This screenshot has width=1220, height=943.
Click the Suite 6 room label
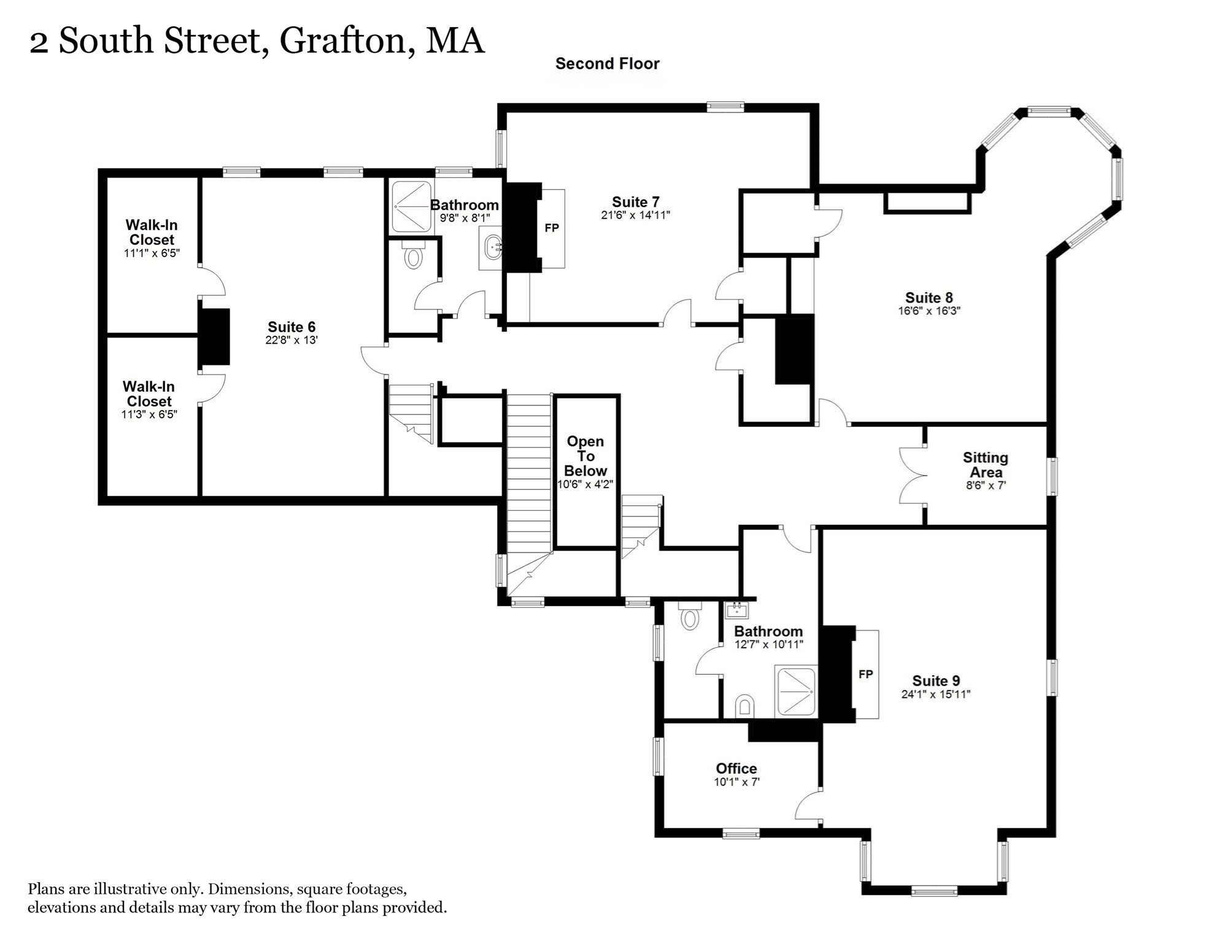click(291, 327)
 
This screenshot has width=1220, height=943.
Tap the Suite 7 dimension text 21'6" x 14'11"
click(635, 215)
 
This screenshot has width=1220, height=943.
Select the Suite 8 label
click(929, 298)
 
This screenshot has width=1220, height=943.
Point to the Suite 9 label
click(936, 681)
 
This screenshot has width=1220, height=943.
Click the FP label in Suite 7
click(552, 228)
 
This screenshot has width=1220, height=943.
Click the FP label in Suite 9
click(865, 675)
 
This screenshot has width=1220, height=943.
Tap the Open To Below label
click(585, 456)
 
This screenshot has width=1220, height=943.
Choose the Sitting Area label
click(986, 465)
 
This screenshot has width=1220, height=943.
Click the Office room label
click(736, 769)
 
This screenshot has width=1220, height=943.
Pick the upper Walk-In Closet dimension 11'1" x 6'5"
click(152, 253)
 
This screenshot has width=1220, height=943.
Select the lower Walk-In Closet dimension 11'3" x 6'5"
click(149, 414)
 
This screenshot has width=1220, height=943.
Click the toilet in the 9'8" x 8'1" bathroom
click(413, 254)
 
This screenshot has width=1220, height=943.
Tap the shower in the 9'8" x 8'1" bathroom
click(412, 207)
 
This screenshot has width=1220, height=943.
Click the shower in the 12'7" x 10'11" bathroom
click(796, 691)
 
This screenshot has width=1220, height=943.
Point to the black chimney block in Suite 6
click(214, 337)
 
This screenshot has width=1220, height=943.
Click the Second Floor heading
click(608, 64)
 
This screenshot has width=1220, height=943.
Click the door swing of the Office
click(808, 805)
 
